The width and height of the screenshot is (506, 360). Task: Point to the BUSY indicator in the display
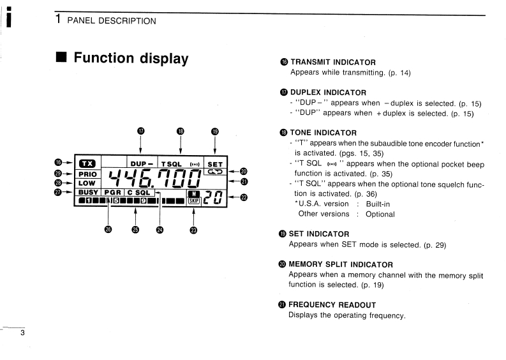(88, 192)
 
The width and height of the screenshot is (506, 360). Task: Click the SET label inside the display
(216, 164)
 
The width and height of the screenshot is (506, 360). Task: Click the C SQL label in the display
(138, 192)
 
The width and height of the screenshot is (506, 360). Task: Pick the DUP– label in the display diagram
(142, 164)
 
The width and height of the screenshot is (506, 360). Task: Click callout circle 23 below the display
(193, 230)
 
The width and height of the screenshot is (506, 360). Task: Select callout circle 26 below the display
(108, 230)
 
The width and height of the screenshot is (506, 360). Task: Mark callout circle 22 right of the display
(243, 196)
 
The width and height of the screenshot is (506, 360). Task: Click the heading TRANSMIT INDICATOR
(332, 62)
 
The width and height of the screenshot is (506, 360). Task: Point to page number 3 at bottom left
(22, 333)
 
